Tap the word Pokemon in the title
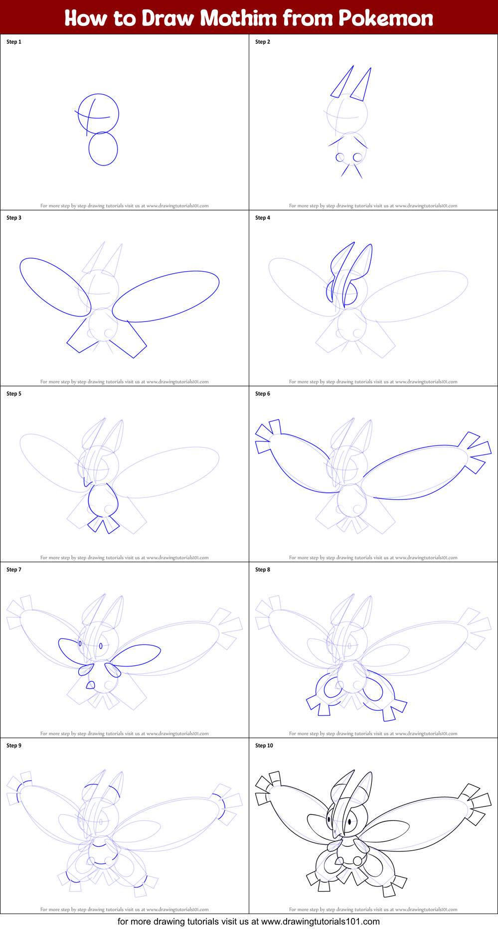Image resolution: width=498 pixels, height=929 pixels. coord(385,18)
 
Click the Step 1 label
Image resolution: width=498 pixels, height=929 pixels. coord(14,42)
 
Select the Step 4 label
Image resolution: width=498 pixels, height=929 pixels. coord(263,218)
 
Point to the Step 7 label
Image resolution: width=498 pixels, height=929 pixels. coord(14,570)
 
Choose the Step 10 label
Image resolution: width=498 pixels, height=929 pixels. coord(264,746)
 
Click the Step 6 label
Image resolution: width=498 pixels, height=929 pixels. coord(263,394)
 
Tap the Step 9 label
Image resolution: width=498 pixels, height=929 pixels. coord(14,746)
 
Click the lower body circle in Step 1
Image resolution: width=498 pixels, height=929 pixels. coord(103,149)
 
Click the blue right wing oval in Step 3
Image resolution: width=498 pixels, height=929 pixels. coord(166,296)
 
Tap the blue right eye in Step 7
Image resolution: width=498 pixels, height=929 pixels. coord(101,646)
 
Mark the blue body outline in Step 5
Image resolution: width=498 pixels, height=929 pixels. coord(103,500)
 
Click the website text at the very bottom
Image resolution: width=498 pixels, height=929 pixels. coord(249,922)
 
